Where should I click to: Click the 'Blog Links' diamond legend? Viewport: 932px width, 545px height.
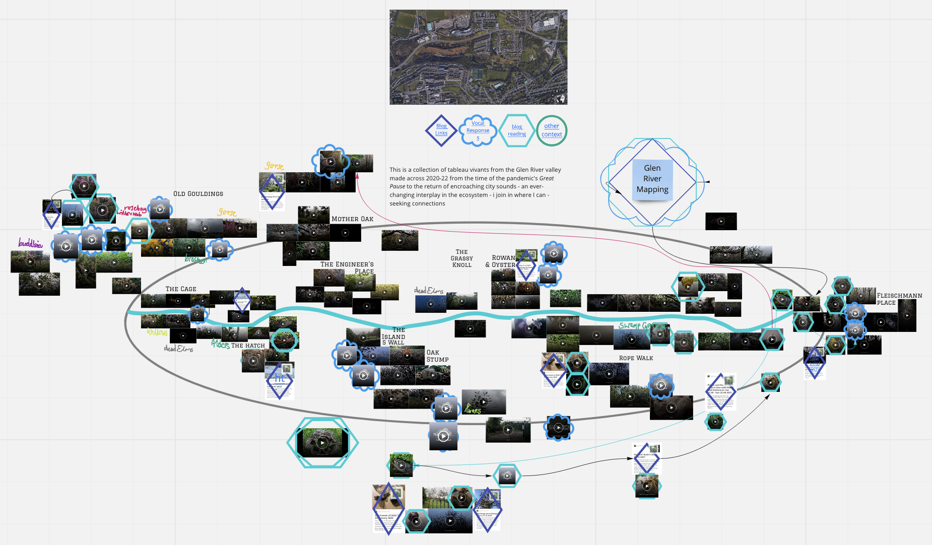coord(441,130)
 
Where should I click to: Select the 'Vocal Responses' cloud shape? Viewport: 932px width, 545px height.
coord(478,130)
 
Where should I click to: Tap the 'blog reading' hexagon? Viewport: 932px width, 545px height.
coord(516,130)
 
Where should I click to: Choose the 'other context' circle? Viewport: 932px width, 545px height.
coord(552,130)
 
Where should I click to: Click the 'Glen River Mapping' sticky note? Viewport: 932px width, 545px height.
coord(652,179)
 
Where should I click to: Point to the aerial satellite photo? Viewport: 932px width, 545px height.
coord(478,57)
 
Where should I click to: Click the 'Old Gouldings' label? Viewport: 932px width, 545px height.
coord(198,194)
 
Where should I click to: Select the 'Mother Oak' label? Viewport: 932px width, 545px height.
coord(352,219)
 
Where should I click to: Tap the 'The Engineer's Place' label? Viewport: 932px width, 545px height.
coord(347,267)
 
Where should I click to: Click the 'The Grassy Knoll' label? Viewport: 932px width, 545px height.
coord(462,258)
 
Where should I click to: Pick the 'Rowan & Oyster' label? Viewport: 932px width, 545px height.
coord(501,261)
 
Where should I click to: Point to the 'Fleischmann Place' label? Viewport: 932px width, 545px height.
coord(899,299)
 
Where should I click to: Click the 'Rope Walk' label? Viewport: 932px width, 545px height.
coord(636,358)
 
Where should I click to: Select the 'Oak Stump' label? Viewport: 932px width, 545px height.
coord(437,356)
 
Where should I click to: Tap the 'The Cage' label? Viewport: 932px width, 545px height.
coord(181,289)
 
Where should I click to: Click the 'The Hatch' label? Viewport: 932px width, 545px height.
coord(248,346)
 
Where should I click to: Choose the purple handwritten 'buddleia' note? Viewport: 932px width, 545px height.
coord(30,244)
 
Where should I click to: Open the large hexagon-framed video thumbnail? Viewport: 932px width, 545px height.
coord(322,443)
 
